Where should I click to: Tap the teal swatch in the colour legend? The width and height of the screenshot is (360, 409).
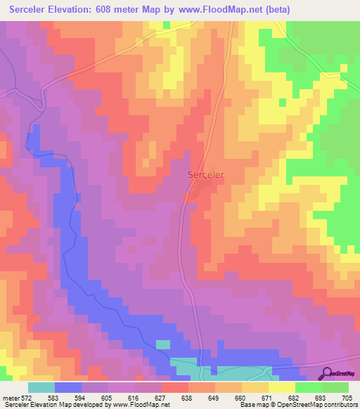click(x=41, y=387)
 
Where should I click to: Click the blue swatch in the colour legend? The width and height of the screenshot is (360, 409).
click(x=68, y=387)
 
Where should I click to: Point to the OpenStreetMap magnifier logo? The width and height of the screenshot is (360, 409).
click(x=328, y=373)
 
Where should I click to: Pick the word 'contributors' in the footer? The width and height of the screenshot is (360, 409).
click(x=337, y=405)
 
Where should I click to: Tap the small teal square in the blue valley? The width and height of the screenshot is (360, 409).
click(x=162, y=344)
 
